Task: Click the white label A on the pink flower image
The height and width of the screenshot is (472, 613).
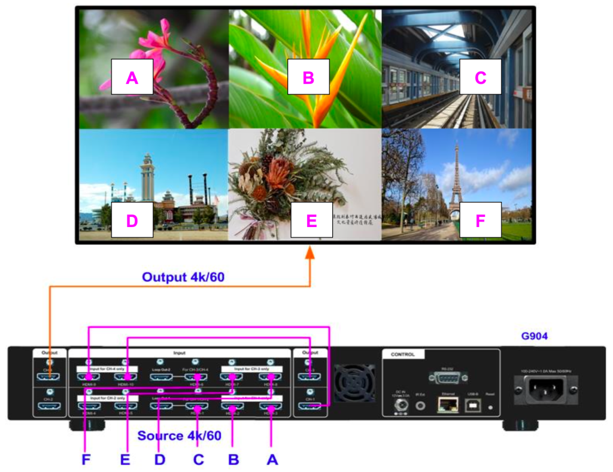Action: point(132,77)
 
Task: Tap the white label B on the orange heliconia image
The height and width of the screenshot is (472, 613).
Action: point(308,77)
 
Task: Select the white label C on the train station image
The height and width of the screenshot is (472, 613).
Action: point(480,77)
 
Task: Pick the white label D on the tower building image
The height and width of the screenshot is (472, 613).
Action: point(132,220)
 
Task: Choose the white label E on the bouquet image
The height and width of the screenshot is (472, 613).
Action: point(311,220)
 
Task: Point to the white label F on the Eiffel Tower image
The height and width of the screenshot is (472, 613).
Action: point(480,220)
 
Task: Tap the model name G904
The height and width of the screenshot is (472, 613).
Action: point(535,337)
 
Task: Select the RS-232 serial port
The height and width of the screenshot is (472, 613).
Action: point(448,377)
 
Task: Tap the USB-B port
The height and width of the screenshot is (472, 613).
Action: point(474,406)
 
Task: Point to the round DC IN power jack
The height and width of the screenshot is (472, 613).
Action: point(399,406)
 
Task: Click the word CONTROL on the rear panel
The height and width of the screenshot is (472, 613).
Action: point(403,355)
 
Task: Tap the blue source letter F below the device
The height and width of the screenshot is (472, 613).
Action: point(86,460)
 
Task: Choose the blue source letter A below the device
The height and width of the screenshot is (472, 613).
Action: point(272,460)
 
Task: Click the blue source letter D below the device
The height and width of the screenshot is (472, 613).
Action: point(159,460)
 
